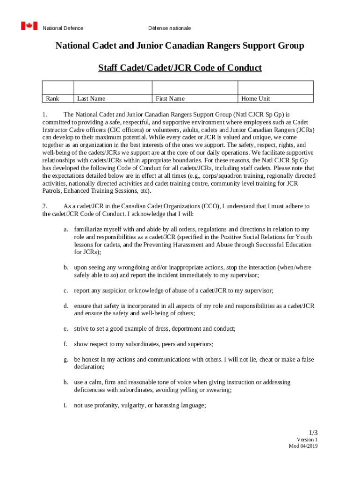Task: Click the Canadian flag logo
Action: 29,26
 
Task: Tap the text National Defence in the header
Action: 63,28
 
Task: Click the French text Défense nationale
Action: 169,28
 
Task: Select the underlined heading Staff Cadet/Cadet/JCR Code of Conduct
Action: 180,68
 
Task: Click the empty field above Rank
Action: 58,87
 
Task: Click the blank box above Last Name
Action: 113,87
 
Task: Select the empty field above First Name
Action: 195,87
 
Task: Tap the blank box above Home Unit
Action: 275,87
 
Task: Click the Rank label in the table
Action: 52,99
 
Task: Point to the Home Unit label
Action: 256,99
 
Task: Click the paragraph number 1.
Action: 44,114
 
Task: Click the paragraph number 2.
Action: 44,206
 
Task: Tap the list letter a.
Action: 66,229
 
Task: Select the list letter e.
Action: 66,329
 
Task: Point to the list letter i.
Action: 66,406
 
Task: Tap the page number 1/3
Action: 313,432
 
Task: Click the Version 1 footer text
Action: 307,440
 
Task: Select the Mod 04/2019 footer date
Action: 303,446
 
